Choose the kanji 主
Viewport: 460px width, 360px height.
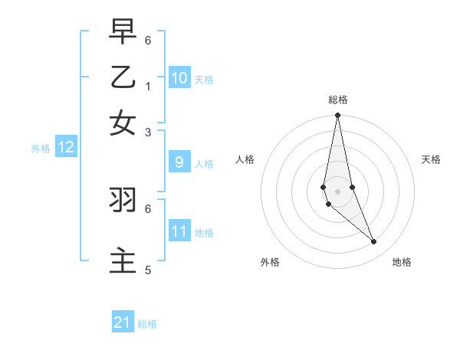point(123,260)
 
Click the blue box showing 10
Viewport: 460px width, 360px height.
point(179,78)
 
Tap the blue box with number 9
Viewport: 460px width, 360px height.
point(179,162)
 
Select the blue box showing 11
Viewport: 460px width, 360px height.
point(179,231)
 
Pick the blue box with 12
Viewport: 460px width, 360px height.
point(66,148)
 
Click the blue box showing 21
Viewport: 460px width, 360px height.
point(123,322)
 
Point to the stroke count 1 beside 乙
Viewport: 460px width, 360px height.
point(148,85)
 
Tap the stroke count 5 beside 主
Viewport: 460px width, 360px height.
point(148,270)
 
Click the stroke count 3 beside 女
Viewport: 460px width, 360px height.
point(148,132)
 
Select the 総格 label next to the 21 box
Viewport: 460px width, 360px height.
point(147,324)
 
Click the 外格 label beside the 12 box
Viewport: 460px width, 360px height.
point(41,149)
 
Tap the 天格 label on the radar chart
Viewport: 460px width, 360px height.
point(431,159)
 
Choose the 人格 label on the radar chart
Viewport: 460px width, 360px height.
point(245,159)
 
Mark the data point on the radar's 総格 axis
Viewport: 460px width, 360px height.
point(337,116)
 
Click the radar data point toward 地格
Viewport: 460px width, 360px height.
point(374,242)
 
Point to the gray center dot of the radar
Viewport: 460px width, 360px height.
point(337,191)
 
